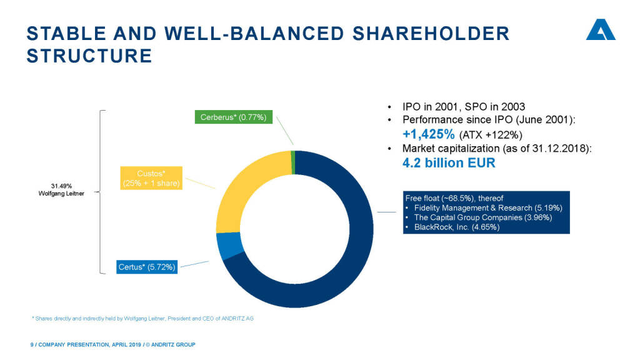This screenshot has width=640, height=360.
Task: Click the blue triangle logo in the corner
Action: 600,31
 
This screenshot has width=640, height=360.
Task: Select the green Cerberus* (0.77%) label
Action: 234,117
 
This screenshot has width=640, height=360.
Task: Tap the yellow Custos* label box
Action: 151,177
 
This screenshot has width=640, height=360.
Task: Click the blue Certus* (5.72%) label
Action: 147,267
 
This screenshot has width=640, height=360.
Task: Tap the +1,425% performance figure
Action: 427,134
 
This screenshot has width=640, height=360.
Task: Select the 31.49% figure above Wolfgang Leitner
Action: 61,186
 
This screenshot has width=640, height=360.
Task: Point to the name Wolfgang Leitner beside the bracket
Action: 61,193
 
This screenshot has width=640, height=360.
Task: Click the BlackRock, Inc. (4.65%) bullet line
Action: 456,227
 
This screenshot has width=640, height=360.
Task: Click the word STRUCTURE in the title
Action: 89,56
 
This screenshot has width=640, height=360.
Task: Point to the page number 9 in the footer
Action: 32,345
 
